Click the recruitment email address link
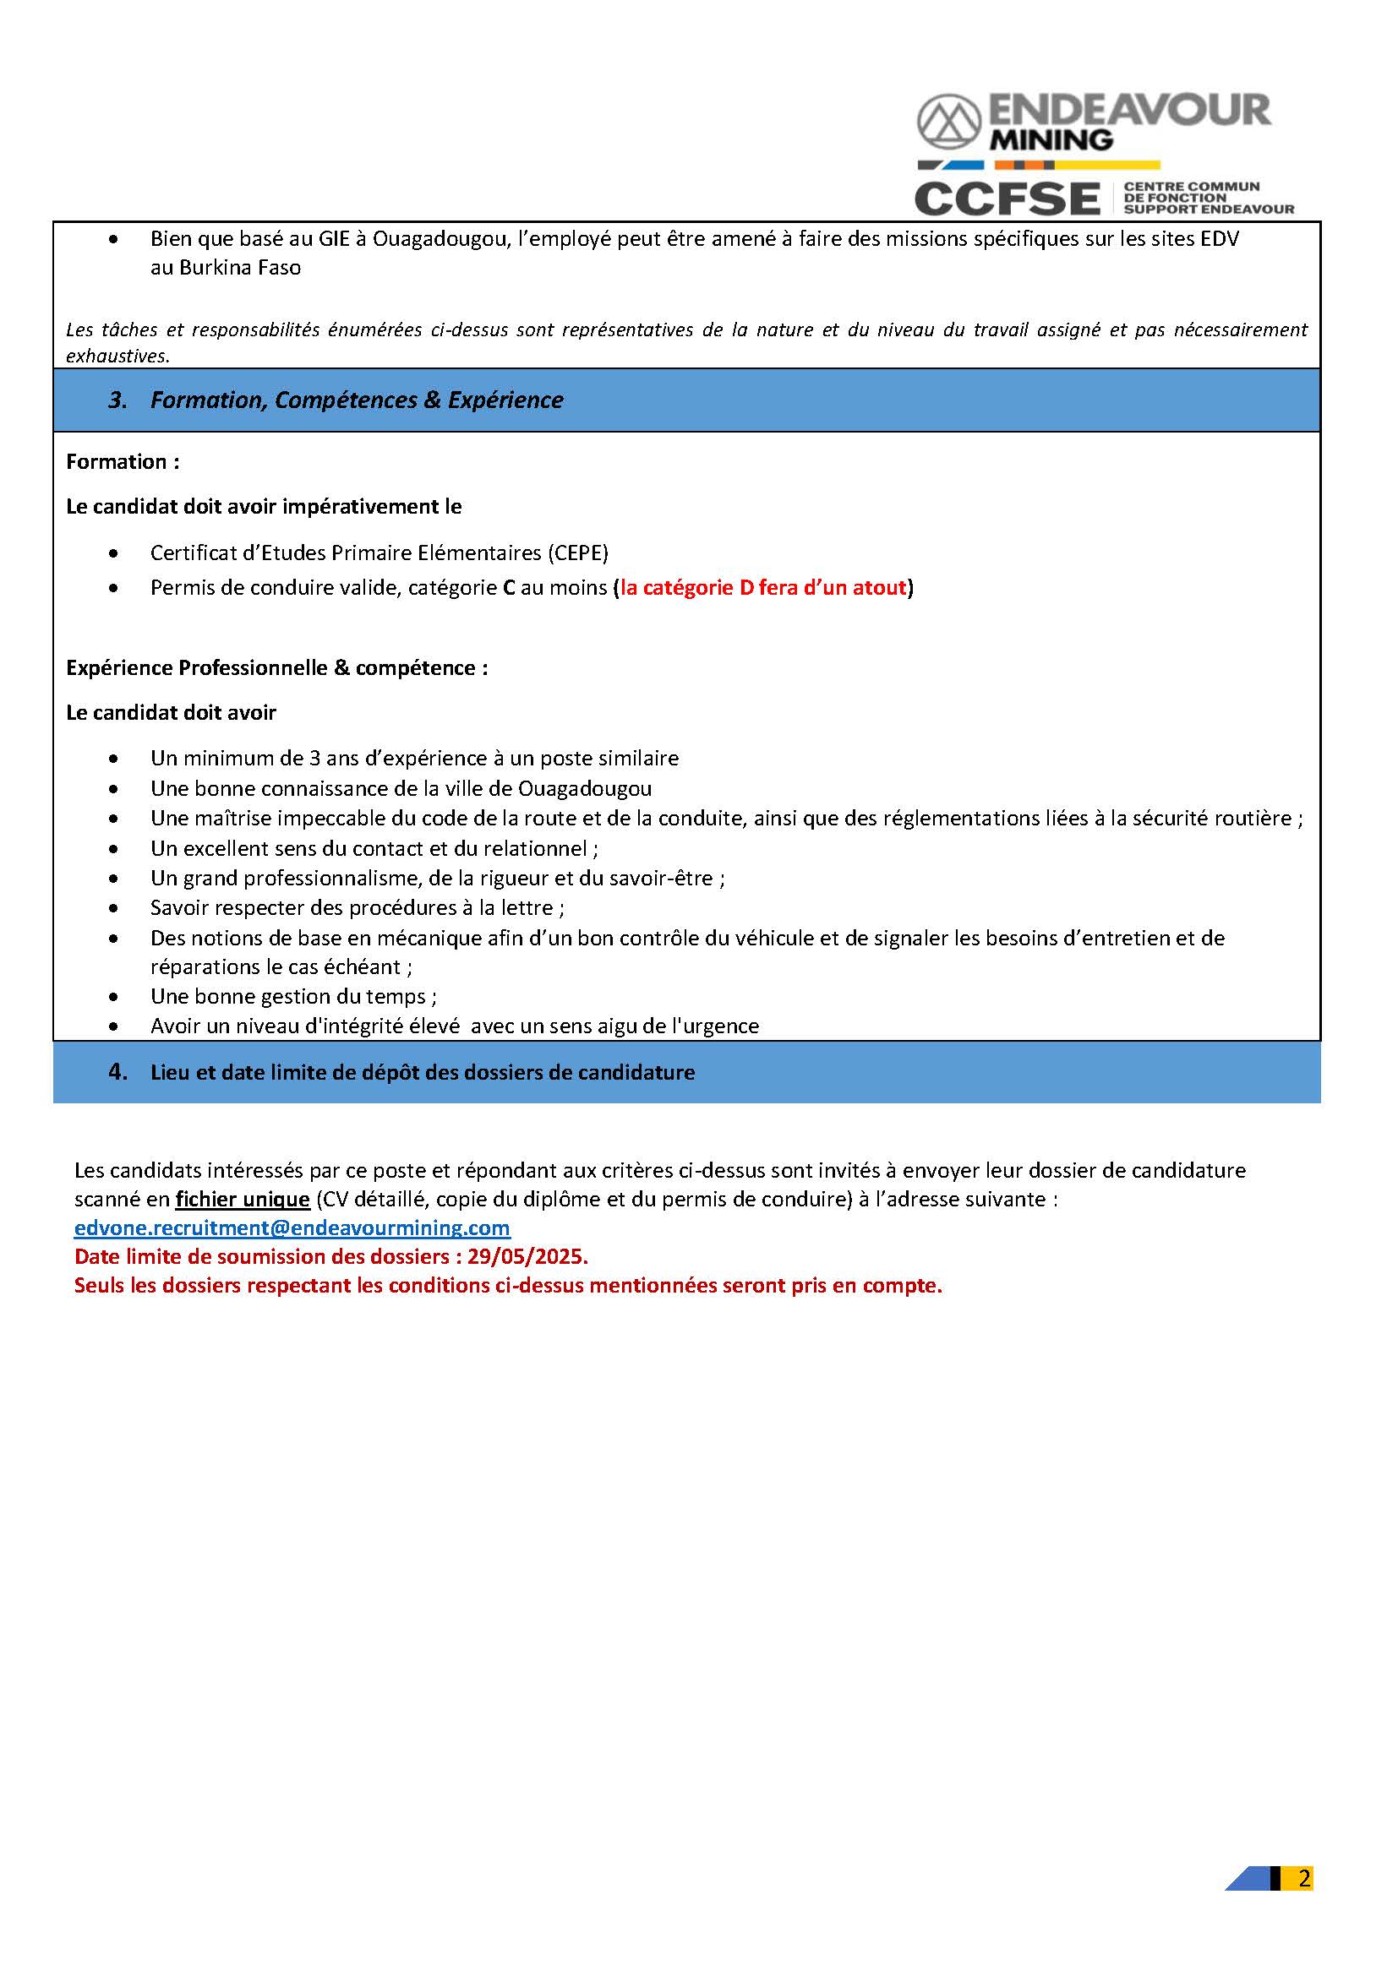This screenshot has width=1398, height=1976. [292, 1228]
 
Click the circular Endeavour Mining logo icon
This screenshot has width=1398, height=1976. [947, 122]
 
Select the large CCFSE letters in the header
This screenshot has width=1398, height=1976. [1007, 199]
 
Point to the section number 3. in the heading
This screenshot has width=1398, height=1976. [118, 400]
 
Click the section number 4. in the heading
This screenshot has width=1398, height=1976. [118, 1072]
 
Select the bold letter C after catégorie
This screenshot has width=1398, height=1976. [509, 588]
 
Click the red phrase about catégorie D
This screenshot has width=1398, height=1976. [763, 588]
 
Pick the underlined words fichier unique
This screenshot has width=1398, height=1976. [242, 1199]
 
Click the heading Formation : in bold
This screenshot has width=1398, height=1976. [123, 462]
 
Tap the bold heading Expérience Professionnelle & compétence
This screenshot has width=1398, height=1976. [276, 668]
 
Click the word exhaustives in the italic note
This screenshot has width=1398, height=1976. [117, 357]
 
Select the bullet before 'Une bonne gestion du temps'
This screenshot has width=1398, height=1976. [114, 997]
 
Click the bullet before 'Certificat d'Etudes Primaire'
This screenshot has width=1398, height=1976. [114, 553]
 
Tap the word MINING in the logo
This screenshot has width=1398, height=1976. [1051, 140]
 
